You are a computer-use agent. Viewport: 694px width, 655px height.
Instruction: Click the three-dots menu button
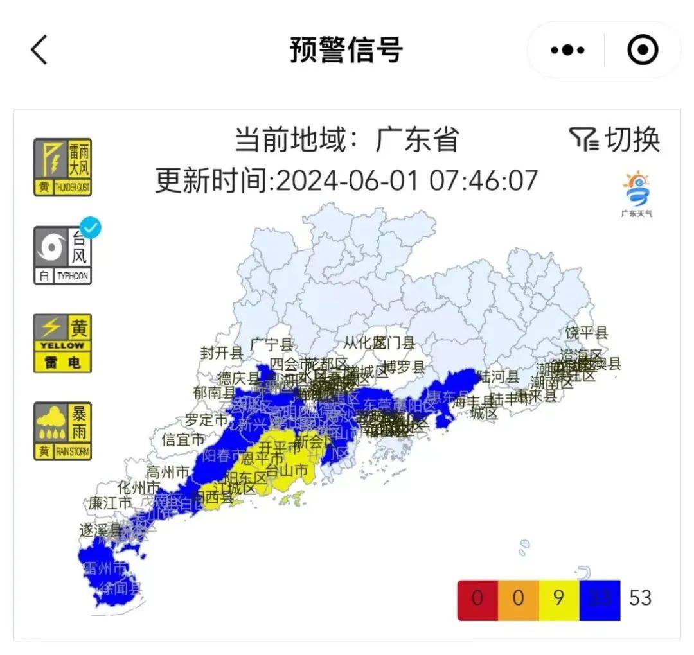click(x=567, y=50)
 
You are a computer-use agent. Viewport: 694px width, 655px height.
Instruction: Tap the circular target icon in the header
click(x=642, y=50)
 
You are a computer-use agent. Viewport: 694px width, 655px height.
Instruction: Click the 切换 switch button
click(x=615, y=139)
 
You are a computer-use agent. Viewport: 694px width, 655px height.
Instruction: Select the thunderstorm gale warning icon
click(x=62, y=167)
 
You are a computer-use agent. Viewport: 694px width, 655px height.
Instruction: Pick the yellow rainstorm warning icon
click(x=62, y=431)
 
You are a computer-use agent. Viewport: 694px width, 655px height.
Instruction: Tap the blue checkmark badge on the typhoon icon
click(x=93, y=228)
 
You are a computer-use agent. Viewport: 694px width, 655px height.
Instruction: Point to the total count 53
click(x=641, y=598)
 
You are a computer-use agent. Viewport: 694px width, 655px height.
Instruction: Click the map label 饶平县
click(x=587, y=333)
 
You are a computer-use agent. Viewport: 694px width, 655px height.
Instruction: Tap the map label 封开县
click(x=222, y=352)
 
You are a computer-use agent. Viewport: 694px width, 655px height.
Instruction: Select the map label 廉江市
click(x=111, y=502)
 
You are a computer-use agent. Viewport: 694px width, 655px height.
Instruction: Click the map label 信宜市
click(x=183, y=440)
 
